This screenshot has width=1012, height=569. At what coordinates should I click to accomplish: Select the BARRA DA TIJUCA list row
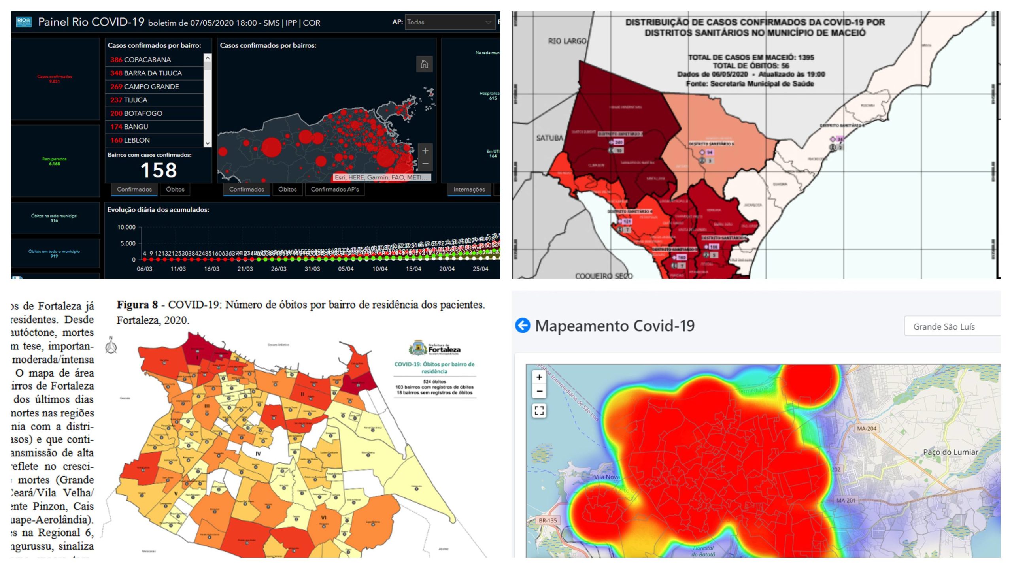153,73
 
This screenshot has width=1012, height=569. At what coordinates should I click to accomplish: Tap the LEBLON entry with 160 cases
136,140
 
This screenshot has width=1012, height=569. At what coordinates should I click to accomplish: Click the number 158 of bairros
159,170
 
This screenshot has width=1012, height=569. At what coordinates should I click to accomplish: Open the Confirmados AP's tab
334,189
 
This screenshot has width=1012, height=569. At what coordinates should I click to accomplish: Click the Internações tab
469,189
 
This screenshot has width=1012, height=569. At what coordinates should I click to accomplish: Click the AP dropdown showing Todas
449,22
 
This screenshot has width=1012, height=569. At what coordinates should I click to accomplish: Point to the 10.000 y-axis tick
126,227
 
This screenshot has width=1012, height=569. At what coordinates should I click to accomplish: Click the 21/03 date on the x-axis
245,269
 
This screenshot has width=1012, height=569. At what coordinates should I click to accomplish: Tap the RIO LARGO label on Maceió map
567,41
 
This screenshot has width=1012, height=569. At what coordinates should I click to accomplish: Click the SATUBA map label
549,138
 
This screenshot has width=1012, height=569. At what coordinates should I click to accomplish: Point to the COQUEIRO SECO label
604,275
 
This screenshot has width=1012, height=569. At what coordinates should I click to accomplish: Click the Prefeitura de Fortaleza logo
434,349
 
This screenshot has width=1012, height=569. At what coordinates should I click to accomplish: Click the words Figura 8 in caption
137,305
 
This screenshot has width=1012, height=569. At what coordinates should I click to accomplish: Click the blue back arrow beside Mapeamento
523,326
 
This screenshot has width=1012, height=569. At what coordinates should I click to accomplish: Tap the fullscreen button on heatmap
539,410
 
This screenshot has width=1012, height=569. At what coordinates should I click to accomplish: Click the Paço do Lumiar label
950,452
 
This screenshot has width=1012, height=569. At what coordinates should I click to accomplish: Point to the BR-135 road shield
548,520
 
